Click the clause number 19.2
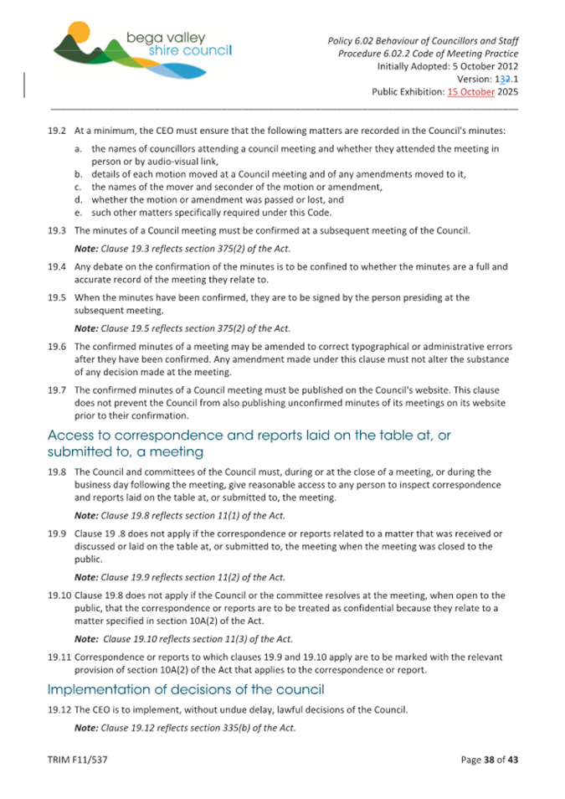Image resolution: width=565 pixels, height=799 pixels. tap(57, 131)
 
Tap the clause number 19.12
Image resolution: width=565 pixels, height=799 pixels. tap(59, 709)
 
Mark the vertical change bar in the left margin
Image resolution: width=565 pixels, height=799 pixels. tap(25, 86)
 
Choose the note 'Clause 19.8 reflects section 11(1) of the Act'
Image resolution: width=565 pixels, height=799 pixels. tap(180, 515)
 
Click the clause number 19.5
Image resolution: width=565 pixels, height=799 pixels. tap(57, 297)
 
